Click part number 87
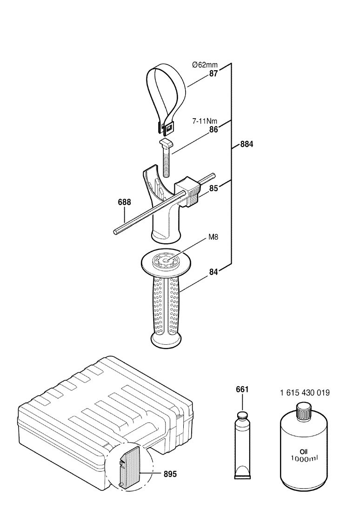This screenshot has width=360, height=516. (214, 73)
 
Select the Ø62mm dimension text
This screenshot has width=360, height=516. (206, 65)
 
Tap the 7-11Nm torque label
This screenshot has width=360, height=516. (205, 121)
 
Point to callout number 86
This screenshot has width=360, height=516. (213, 130)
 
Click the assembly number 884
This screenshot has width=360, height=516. (247, 144)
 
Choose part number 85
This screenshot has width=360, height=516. (213, 189)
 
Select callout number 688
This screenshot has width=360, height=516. (124, 202)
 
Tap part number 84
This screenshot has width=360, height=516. (213, 272)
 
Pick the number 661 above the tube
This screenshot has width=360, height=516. (241, 389)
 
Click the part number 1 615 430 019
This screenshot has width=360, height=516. (304, 393)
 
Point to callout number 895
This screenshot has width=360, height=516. (171, 474)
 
